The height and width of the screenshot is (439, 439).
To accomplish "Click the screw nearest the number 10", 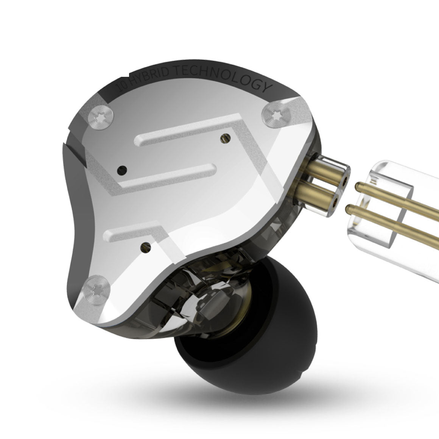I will [x=101, y=118].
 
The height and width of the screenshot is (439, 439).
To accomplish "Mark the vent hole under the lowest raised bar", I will [x=145, y=248].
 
